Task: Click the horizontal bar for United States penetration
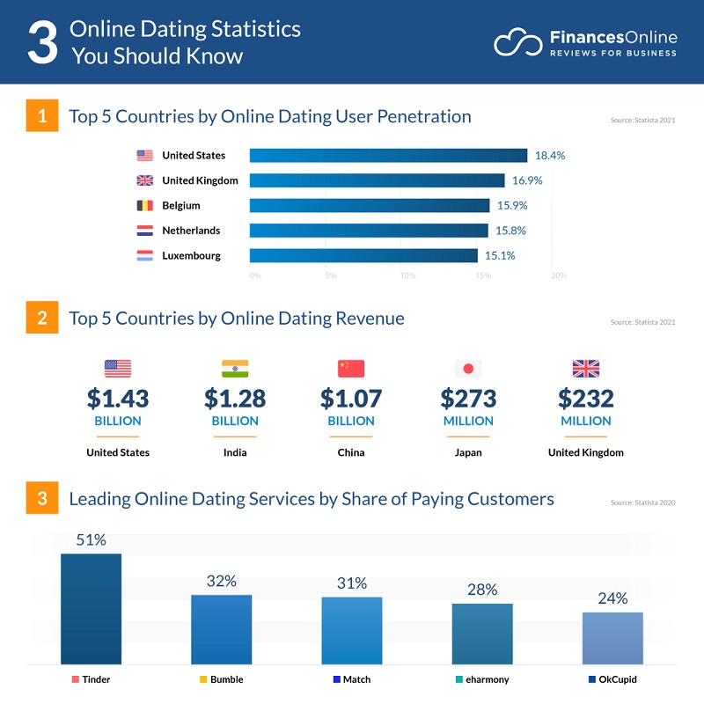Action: coord(388,156)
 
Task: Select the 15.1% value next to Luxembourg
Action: coord(497,256)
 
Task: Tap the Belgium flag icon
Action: coord(144,206)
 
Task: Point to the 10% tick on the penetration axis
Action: coord(407,275)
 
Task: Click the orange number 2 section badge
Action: coord(41,319)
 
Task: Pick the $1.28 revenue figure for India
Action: coord(235,399)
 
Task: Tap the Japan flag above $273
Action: coord(468,369)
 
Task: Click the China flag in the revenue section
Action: coord(351,369)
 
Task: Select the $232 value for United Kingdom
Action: coord(585,399)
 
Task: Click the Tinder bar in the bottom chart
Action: coord(91,608)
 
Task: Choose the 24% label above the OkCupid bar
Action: coord(612,598)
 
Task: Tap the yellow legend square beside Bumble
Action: coord(203,679)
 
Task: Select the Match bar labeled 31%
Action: coord(351,629)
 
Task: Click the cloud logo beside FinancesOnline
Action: coord(517,42)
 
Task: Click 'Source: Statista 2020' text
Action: coord(642,502)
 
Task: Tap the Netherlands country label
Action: coord(191,231)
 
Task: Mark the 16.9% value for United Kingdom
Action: coord(525,180)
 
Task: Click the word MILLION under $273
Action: coord(468,421)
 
